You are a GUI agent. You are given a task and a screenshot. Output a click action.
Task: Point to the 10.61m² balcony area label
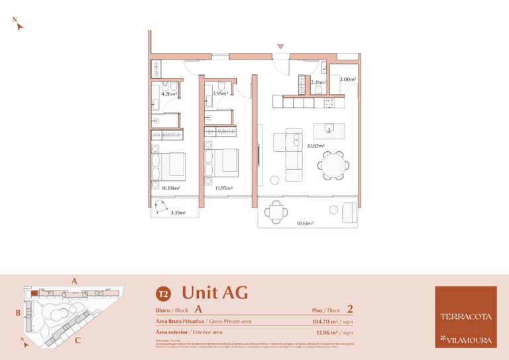click(306, 223)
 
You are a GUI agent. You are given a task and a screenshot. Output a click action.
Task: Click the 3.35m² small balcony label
click(178, 213)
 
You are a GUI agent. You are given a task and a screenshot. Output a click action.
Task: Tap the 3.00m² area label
click(347, 80)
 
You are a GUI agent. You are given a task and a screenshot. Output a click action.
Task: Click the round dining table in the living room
click(333, 165)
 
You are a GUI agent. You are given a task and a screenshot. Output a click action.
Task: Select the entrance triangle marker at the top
click(281, 46)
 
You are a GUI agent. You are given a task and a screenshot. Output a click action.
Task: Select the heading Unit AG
click(214, 292)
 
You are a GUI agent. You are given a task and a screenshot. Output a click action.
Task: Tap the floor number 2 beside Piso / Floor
click(350, 308)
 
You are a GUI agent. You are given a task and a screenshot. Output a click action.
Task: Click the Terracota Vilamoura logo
click(465, 317)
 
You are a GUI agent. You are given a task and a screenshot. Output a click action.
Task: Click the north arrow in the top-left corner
click(18, 25)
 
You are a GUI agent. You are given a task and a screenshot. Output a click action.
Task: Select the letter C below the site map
click(78, 341)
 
